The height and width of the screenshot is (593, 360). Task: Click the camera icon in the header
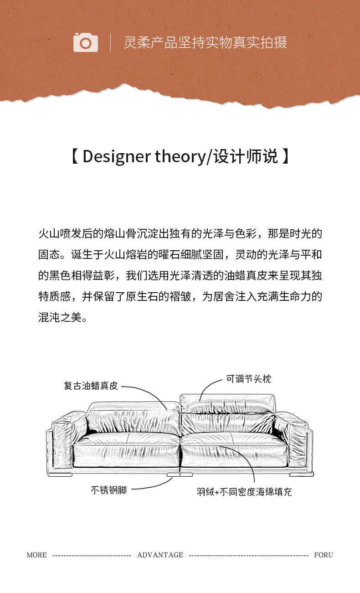tap(85, 42)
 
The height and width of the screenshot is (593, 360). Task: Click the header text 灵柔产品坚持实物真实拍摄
tap(205, 42)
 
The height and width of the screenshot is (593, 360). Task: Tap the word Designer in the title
tap(117, 157)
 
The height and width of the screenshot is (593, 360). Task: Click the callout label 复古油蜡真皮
tap(91, 386)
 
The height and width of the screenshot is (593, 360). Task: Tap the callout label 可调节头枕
tap(248, 379)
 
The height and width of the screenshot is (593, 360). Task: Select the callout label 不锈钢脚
tap(108, 490)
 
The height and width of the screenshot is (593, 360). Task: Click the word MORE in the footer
tap(36, 555)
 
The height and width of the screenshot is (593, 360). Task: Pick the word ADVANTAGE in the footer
tap(160, 555)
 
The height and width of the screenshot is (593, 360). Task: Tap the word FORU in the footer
tap(324, 555)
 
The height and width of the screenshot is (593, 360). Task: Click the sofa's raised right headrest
tap(228, 403)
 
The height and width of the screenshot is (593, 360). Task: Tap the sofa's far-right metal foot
tap(306, 474)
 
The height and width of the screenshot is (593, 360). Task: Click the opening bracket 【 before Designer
tap(76, 157)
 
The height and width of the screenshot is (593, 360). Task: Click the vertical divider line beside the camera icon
tap(110, 42)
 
